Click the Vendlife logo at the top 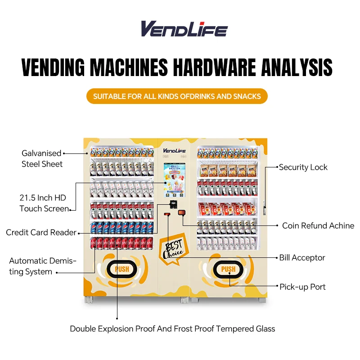pyautogui.click(x=184, y=29)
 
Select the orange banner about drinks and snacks pyautogui.click(x=177, y=96)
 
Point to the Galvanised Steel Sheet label pyautogui.click(x=42, y=158)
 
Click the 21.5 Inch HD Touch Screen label pyautogui.click(x=44, y=203)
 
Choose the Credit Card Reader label pyautogui.click(x=41, y=233)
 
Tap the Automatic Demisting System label pyautogui.click(x=43, y=266)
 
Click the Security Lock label pyautogui.click(x=303, y=167)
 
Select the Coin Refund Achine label pyautogui.click(x=318, y=226)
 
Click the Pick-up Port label pyautogui.click(x=302, y=287)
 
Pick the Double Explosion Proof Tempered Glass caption pyautogui.click(x=172, y=329)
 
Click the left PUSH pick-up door pyautogui.click(x=121, y=269)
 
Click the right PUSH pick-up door pyautogui.click(x=228, y=269)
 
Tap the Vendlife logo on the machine pyautogui.click(x=174, y=150)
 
